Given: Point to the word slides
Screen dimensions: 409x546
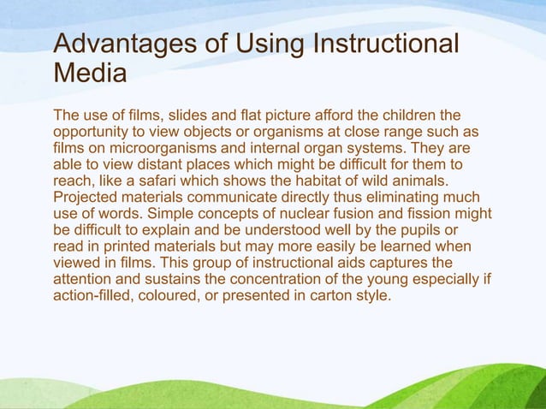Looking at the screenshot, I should (x=190, y=115).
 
